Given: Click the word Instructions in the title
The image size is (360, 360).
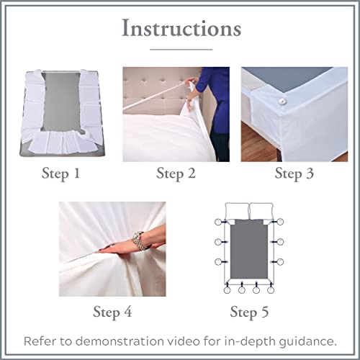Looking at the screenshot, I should point(180,29).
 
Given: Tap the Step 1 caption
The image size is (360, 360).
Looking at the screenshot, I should point(63,173).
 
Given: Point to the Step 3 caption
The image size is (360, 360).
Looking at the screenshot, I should point(297,173).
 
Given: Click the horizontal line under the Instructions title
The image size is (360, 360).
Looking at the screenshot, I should point(180,49).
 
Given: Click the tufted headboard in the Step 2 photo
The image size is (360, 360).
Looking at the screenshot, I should point(155,86).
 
